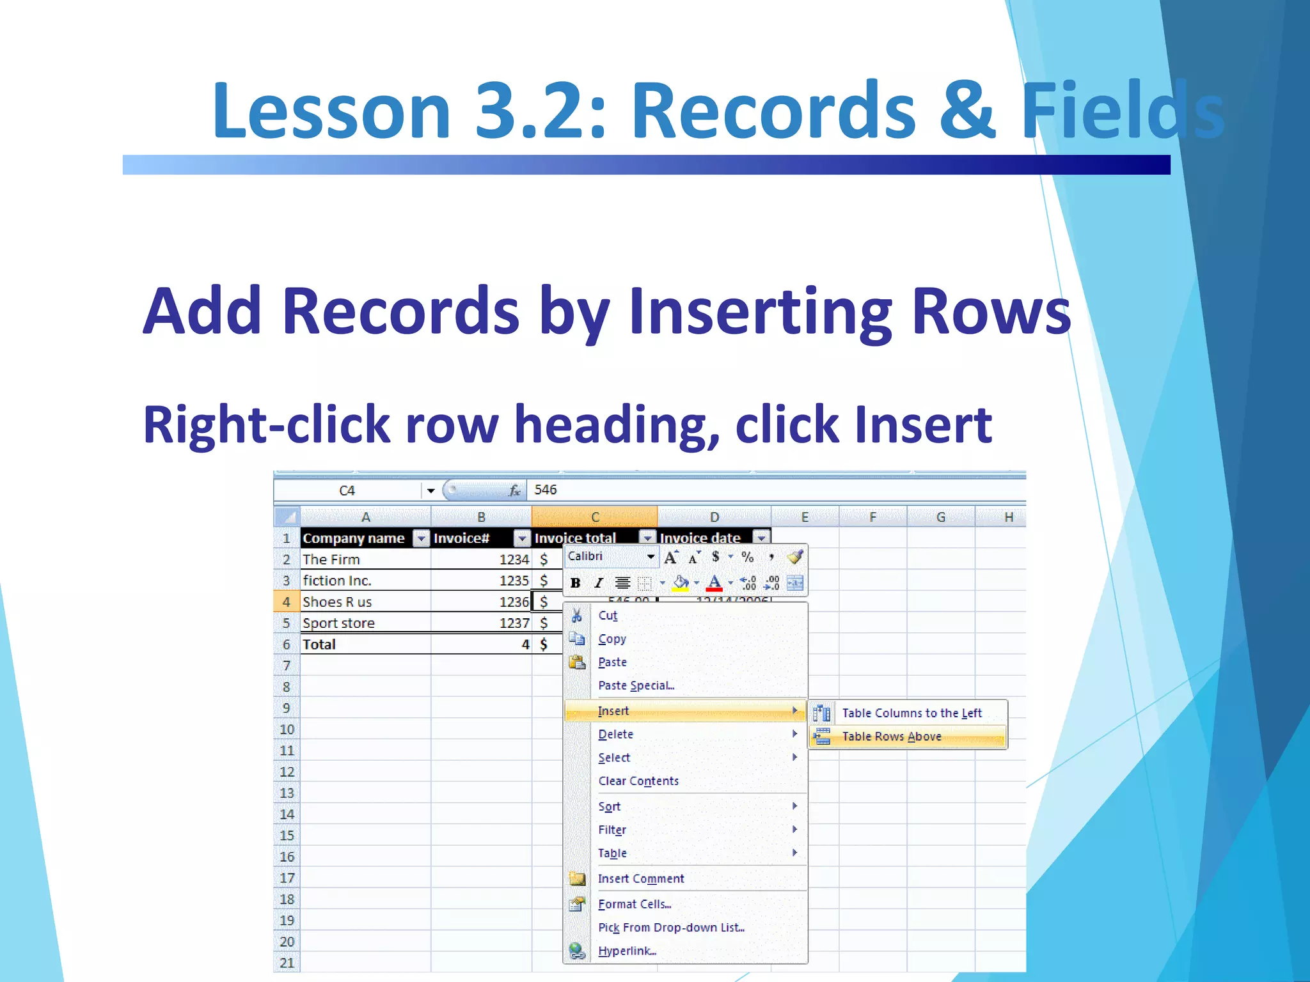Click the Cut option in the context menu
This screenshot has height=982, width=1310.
(x=608, y=616)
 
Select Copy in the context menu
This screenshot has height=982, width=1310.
(x=612, y=639)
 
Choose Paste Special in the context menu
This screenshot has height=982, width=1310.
(x=636, y=685)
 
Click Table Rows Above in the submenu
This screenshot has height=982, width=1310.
(x=891, y=736)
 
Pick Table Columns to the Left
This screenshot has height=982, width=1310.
(x=911, y=713)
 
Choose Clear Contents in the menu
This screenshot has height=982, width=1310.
(x=638, y=781)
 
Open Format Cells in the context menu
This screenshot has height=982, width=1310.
(x=634, y=904)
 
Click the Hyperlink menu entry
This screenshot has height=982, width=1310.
(x=626, y=951)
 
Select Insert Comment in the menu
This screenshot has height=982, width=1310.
(x=640, y=878)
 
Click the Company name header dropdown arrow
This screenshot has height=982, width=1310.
(x=421, y=538)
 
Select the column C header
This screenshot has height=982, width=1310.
(x=594, y=517)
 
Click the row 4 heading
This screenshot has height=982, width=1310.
(x=286, y=602)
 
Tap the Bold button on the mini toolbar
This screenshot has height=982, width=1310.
(x=575, y=582)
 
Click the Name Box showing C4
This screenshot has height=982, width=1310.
(x=347, y=490)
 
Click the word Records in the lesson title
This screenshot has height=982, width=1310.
(x=773, y=110)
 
